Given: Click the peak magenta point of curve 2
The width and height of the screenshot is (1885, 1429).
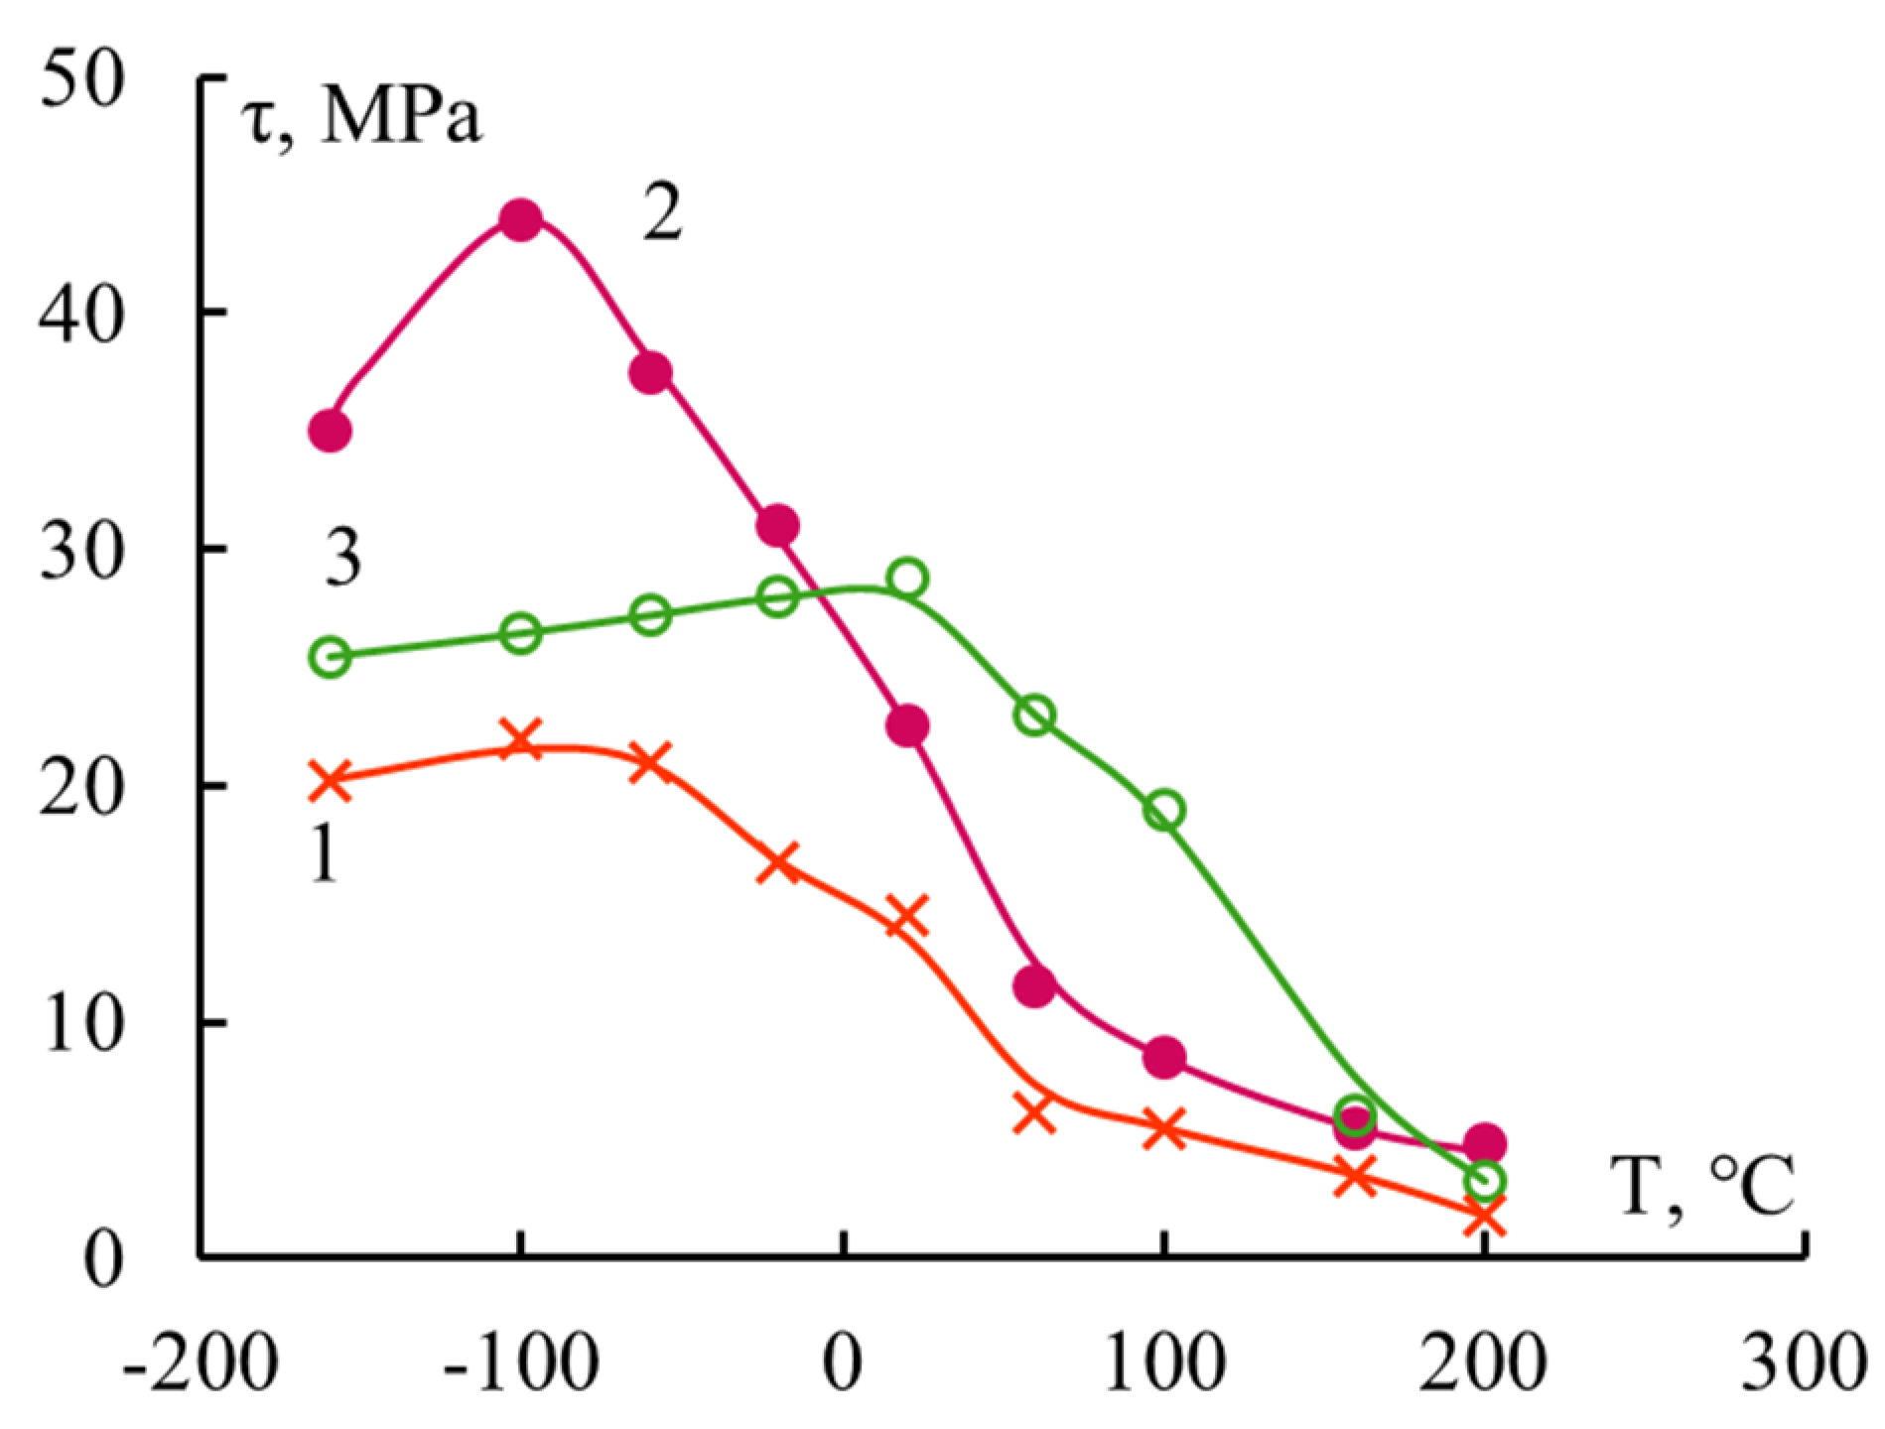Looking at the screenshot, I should (521, 219).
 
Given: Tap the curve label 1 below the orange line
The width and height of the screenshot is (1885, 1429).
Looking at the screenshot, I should (324, 851).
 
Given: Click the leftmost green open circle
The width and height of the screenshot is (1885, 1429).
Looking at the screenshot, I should (331, 657).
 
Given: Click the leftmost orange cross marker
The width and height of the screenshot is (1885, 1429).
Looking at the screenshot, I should (329, 780).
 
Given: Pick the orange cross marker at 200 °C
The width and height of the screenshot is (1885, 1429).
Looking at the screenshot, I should (1484, 1217).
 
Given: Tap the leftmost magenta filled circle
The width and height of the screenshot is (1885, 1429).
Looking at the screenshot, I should (331, 431).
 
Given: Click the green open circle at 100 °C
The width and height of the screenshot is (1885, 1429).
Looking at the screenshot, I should (1164, 810).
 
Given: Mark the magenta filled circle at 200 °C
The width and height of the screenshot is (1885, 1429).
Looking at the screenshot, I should (1486, 1143).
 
